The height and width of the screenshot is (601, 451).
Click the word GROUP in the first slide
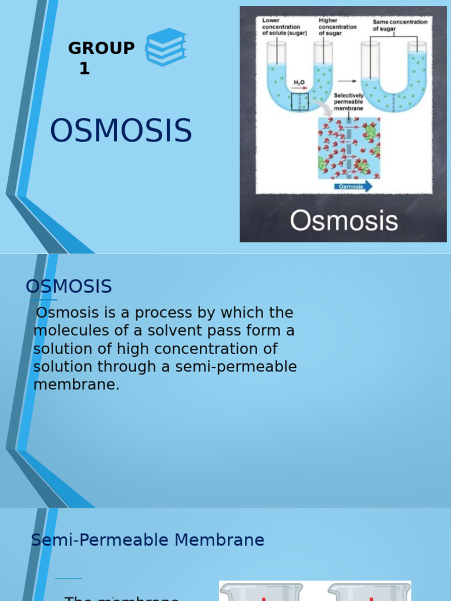click(x=101, y=48)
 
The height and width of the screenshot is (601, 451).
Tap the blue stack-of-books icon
click(x=166, y=47)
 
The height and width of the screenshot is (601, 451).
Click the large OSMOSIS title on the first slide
click(x=121, y=131)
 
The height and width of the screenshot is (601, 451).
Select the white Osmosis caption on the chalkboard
click(x=344, y=221)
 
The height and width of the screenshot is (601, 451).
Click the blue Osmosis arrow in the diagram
click(x=354, y=187)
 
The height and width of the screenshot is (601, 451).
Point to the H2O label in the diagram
click(x=299, y=84)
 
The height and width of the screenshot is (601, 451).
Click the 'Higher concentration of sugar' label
click(x=337, y=27)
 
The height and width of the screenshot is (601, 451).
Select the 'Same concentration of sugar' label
click(x=400, y=25)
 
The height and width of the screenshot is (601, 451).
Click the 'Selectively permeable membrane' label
click(x=349, y=102)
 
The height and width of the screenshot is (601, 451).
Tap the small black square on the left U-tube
click(x=299, y=102)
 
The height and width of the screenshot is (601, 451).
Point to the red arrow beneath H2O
click(x=299, y=90)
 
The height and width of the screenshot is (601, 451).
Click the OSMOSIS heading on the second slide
click(x=69, y=287)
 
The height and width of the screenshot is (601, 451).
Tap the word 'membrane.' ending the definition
click(x=76, y=386)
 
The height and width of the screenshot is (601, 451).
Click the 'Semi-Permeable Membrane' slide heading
click(x=147, y=540)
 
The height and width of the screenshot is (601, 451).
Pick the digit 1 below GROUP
click(x=85, y=69)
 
